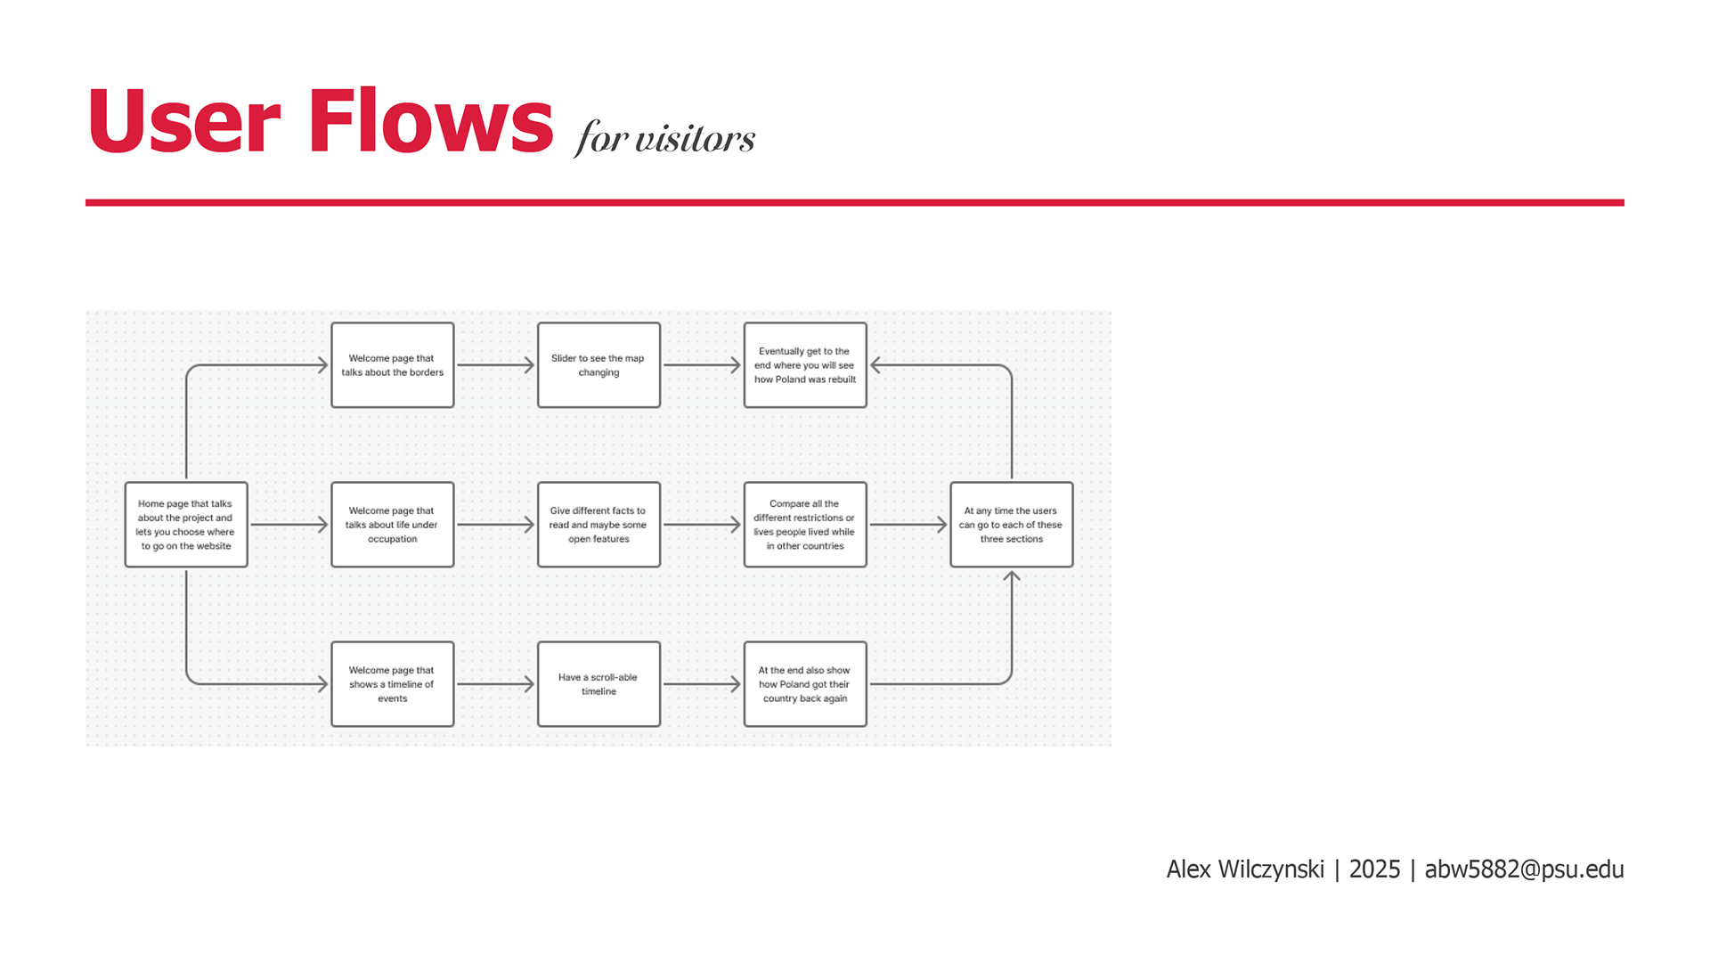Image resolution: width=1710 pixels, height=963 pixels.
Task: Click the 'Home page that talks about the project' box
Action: click(x=186, y=525)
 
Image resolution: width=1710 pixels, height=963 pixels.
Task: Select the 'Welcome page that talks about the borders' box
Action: click(x=393, y=365)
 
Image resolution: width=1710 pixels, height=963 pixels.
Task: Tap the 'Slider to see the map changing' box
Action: click(x=598, y=365)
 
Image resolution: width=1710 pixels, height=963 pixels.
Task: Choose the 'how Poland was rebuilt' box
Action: click(x=805, y=365)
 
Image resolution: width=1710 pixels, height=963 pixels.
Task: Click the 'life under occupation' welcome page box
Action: click(x=393, y=525)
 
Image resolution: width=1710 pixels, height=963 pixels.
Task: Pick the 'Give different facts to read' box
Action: click(x=598, y=525)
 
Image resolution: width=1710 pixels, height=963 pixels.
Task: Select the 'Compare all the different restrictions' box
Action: click(x=805, y=525)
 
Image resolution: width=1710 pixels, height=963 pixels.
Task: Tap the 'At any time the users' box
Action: click(x=1012, y=525)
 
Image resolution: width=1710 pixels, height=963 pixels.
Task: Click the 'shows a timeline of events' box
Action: click(x=393, y=684)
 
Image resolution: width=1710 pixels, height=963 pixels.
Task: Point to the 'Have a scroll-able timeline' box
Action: click(x=598, y=684)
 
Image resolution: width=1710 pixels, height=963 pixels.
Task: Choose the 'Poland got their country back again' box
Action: click(x=805, y=684)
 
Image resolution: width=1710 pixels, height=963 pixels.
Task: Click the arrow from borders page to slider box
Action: click(x=495, y=365)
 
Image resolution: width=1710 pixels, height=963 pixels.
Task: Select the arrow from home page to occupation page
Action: click(x=289, y=525)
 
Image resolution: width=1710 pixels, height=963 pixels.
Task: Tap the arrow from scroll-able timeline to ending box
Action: click(x=702, y=684)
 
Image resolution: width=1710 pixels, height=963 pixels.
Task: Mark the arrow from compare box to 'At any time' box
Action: click(x=908, y=525)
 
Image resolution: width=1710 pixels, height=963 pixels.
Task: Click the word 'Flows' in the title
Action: click(x=431, y=122)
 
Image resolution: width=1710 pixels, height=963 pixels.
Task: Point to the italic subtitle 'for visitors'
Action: click(x=665, y=138)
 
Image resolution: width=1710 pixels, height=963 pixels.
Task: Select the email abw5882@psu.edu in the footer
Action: click(x=1524, y=869)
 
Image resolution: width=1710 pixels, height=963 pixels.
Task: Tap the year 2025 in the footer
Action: click(x=1374, y=869)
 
